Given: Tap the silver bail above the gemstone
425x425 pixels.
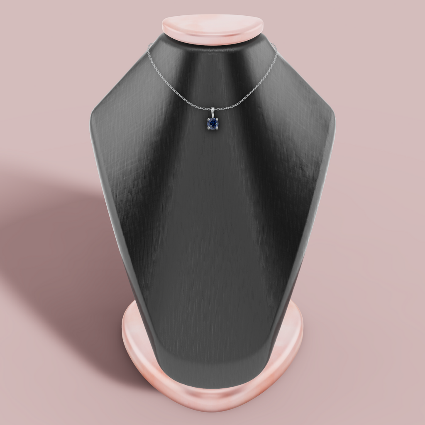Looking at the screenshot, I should point(212,111).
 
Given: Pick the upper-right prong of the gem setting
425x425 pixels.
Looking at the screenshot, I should point(217,120).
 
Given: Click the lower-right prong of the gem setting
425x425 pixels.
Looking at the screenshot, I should point(217,128).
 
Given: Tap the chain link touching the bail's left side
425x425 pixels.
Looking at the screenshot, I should point(208,109).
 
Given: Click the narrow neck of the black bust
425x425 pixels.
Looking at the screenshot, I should point(212,66).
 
